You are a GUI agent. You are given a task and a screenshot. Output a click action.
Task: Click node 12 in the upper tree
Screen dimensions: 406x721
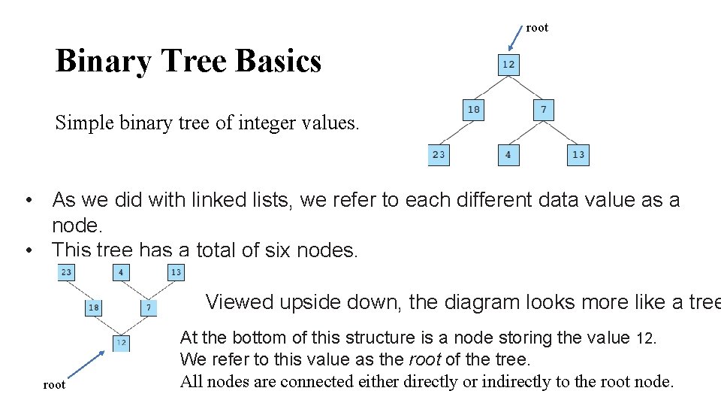(508, 65)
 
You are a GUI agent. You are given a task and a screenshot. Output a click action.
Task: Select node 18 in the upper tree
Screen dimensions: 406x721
(473, 110)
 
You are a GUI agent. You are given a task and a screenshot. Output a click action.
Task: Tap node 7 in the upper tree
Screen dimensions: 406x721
(543, 110)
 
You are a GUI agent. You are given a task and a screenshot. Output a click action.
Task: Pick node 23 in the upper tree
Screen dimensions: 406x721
(439, 155)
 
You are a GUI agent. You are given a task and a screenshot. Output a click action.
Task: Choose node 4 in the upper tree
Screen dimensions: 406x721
(508, 155)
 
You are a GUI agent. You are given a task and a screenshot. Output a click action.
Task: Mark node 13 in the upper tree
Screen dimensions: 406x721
(578, 155)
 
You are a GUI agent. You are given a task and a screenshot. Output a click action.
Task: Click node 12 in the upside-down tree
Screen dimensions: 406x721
(121, 343)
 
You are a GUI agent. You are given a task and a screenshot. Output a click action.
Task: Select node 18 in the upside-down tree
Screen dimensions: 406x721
(94, 308)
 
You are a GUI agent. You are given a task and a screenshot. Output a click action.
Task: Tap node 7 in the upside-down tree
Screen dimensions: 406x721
(149, 308)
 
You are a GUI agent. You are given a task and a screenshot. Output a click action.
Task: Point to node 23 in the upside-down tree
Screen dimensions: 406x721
(67, 272)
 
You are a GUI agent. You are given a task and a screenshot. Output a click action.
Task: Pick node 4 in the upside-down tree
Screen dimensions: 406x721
(121, 272)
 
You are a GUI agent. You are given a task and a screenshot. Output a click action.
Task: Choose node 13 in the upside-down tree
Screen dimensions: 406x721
(176, 272)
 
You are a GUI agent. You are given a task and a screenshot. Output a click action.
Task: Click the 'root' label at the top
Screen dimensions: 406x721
(537, 28)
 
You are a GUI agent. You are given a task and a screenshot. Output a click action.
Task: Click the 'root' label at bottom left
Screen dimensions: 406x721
(54, 385)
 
